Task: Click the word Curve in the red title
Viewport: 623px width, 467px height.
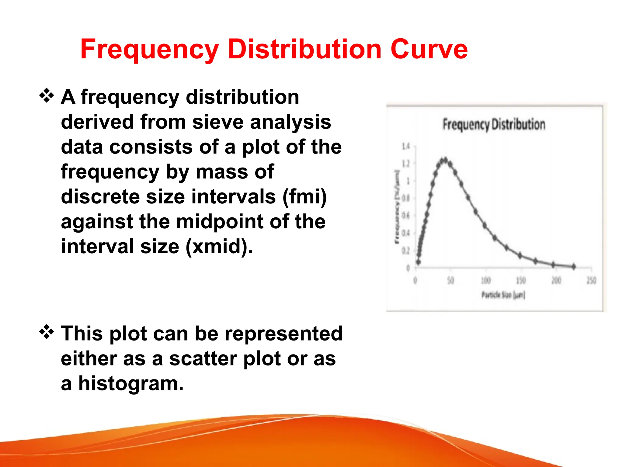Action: pos(429,50)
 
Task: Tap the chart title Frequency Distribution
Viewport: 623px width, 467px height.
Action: pos(494,125)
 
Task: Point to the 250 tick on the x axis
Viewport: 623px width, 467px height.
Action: pos(591,280)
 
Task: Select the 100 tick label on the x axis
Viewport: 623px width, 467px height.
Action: pos(486,280)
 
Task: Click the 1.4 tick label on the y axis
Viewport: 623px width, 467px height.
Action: pos(406,147)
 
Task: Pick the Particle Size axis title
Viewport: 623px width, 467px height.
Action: pos(503,295)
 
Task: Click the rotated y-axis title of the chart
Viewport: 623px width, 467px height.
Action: pos(397,207)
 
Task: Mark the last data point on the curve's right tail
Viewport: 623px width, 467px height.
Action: pos(574,266)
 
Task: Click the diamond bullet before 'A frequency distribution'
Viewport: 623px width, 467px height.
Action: pos(47,96)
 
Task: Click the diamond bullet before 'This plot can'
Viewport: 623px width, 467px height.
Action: pos(47,332)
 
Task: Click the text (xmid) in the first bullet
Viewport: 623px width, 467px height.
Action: pos(219,246)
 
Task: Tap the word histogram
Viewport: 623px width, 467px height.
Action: pos(131,384)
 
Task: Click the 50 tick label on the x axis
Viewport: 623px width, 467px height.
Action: pos(451,280)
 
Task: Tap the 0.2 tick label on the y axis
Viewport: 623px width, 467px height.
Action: pos(406,251)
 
